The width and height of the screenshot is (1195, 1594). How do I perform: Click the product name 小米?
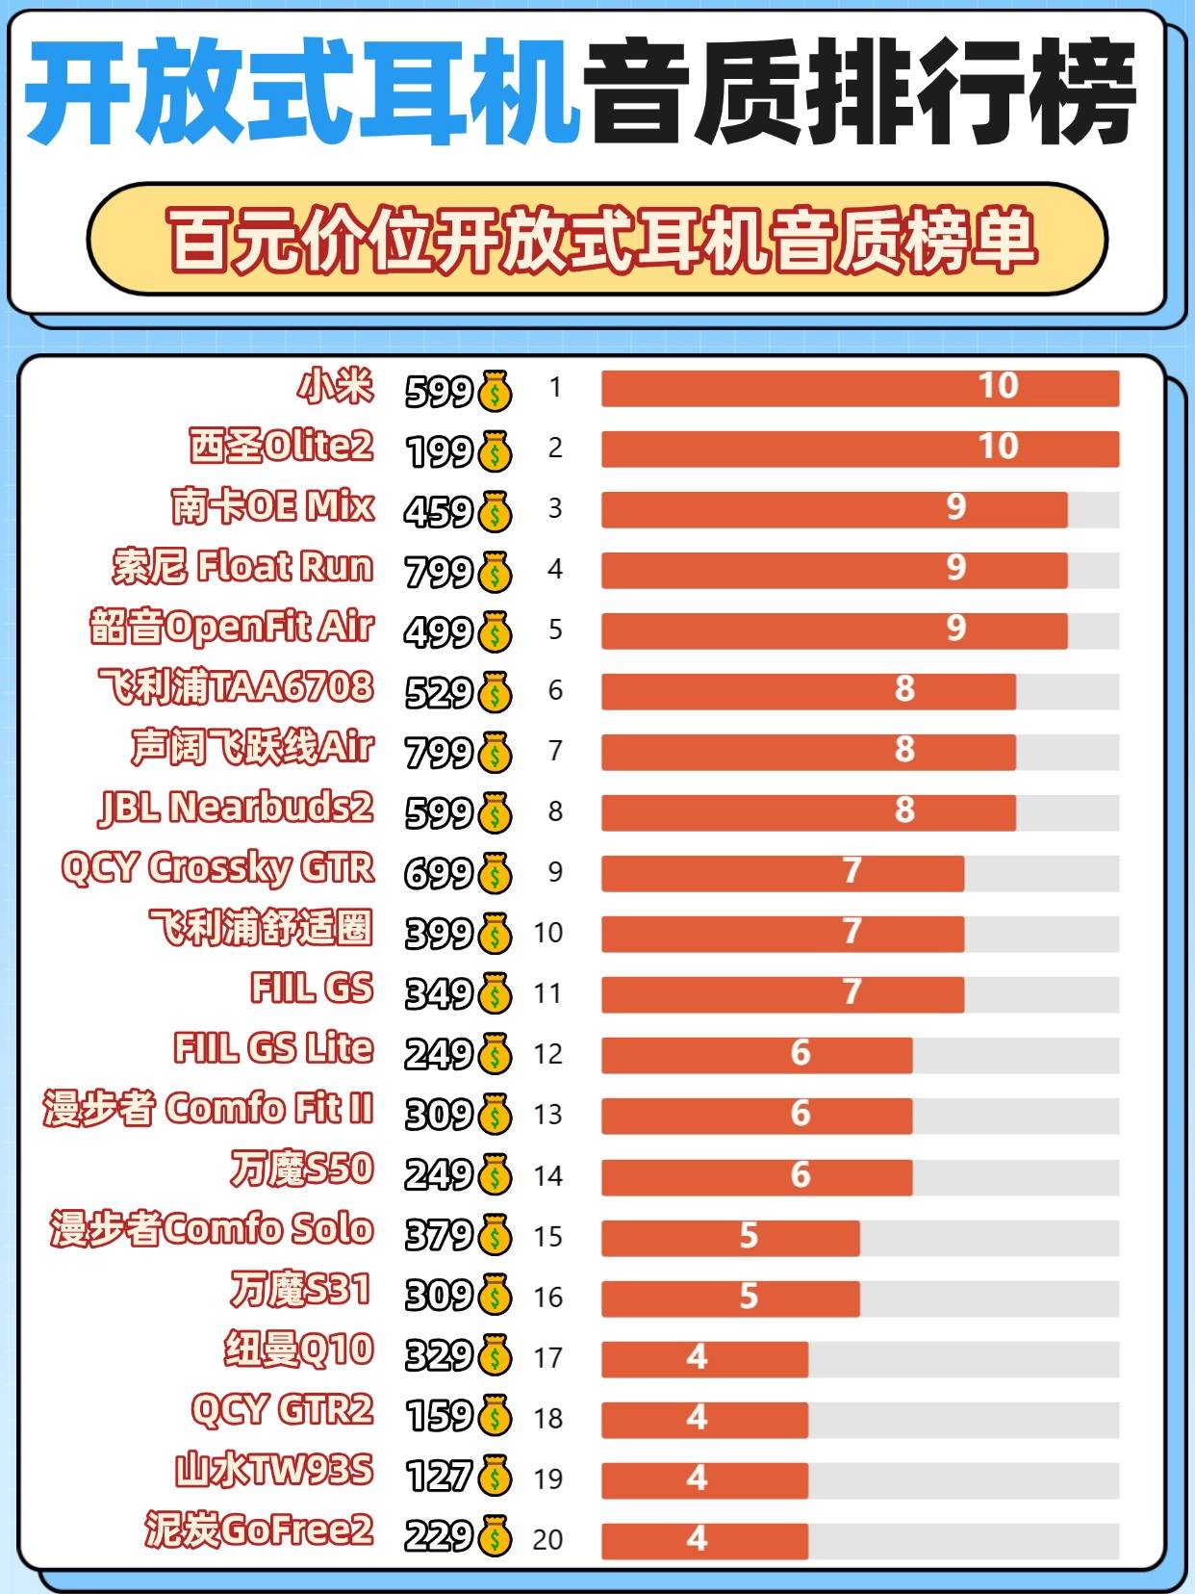(x=335, y=386)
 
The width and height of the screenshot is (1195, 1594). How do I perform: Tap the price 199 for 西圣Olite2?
(x=440, y=450)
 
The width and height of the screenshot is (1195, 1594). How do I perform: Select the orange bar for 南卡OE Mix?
(x=833, y=510)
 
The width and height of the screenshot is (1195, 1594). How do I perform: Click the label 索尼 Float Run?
(x=242, y=567)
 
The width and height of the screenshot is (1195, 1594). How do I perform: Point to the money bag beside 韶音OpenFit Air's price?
(x=495, y=631)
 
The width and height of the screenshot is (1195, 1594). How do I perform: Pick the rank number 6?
(x=555, y=690)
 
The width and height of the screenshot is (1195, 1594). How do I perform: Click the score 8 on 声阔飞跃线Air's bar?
(x=903, y=750)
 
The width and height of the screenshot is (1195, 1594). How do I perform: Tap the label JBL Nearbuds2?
(x=236, y=809)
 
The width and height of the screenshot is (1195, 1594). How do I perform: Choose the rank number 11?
(x=547, y=993)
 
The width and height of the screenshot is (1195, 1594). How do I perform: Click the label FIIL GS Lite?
(x=273, y=1048)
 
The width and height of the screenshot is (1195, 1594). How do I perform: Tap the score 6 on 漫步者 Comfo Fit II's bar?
(x=801, y=1114)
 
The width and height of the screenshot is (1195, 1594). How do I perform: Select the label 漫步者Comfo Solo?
(x=212, y=1229)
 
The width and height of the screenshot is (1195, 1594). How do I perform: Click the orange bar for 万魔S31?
(x=730, y=1298)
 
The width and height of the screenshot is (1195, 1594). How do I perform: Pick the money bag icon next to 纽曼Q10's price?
(x=495, y=1356)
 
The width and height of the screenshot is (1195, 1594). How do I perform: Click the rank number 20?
(x=547, y=1539)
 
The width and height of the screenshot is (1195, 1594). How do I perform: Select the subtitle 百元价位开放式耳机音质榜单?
(x=602, y=239)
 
